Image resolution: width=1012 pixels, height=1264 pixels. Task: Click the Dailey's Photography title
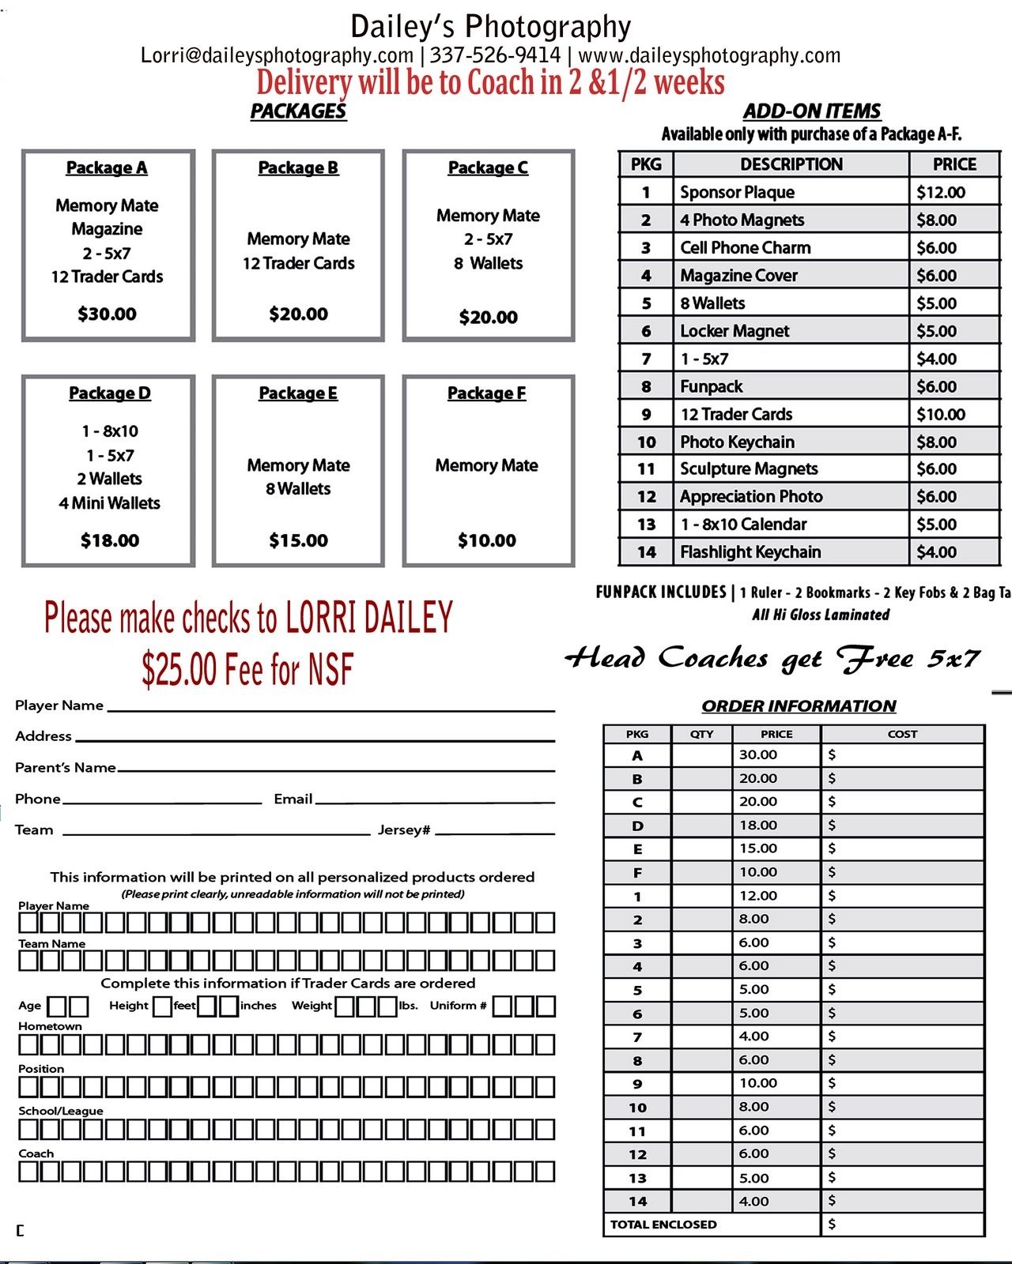click(x=490, y=27)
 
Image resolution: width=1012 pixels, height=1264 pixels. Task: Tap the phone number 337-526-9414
click(x=495, y=55)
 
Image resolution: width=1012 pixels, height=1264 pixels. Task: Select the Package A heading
click(x=107, y=167)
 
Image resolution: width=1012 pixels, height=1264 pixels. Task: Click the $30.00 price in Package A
click(x=107, y=314)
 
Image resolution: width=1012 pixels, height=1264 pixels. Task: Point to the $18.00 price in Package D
click(x=109, y=540)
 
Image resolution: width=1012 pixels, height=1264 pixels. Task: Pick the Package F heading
click(x=486, y=393)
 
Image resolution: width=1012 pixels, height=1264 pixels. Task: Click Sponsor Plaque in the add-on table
click(x=737, y=192)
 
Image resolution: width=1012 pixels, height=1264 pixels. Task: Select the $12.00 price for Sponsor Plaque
click(x=940, y=192)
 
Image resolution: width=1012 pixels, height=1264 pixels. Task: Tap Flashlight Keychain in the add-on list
click(x=750, y=552)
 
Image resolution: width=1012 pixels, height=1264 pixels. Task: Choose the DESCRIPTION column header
click(x=791, y=164)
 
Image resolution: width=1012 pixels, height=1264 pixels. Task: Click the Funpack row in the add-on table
click(x=712, y=386)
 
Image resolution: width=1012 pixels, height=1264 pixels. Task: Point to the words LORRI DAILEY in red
click(x=368, y=618)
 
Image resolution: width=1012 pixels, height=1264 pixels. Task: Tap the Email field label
click(x=293, y=799)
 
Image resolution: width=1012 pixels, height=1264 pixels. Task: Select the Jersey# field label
click(x=403, y=829)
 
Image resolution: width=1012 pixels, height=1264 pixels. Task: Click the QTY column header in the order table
click(x=701, y=734)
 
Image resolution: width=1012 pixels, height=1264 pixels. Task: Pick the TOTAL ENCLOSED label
click(x=663, y=1224)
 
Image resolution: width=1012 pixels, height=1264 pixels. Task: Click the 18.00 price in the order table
click(x=757, y=825)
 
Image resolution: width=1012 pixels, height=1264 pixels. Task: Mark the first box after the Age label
click(x=57, y=1006)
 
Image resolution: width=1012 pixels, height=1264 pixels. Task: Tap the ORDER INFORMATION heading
click(x=799, y=706)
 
